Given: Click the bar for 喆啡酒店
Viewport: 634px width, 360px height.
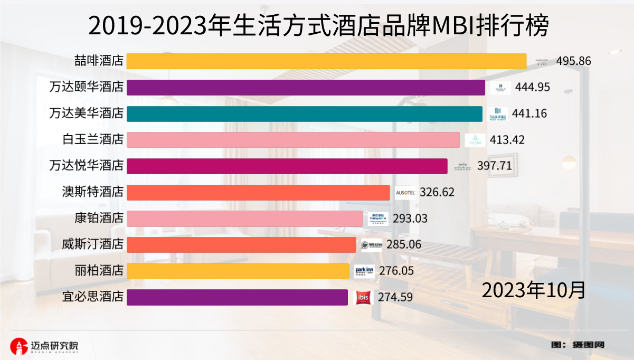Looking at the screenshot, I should (326, 61).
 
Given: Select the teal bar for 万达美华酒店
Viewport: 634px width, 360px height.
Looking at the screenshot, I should (304, 113).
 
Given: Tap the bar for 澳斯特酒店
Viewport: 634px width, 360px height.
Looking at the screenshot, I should (258, 192).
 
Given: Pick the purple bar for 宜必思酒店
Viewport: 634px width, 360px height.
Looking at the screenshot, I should (237, 297).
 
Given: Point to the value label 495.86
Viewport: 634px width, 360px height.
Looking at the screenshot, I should (573, 61).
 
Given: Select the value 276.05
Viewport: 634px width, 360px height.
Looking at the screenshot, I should (395, 271).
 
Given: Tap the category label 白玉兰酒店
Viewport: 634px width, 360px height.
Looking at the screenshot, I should (92, 140).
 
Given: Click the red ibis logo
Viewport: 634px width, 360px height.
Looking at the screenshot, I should (364, 298).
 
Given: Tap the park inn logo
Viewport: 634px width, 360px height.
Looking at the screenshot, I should (364, 271).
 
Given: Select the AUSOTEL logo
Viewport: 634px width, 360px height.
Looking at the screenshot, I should (405, 193).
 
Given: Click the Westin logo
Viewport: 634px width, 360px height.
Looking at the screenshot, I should (372, 245).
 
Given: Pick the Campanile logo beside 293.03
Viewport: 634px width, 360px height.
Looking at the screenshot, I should (378, 219).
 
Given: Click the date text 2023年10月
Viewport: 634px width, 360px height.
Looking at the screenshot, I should (533, 290).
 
